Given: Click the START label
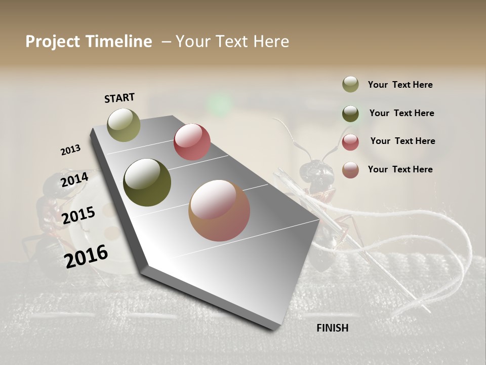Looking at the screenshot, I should [119, 98].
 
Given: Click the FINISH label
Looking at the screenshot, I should [333, 328].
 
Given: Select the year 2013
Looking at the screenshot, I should [70, 150].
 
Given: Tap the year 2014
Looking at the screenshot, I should [74, 179].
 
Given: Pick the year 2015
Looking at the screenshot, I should [78, 215].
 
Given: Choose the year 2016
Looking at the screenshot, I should [86, 256].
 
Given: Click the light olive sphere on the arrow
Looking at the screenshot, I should [124, 125].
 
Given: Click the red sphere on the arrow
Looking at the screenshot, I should [192, 142].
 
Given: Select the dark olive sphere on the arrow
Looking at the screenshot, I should [147, 182].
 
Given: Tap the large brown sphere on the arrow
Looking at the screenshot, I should [219, 210].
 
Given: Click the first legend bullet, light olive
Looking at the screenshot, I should [350, 85].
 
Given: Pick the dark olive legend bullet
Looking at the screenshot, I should [350, 113].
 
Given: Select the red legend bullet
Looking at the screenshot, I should [350, 142].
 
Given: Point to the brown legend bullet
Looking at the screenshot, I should [350, 170].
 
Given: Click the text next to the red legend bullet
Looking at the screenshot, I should [402, 141].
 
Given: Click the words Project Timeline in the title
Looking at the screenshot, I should [89, 42].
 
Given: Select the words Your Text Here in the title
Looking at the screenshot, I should [232, 42].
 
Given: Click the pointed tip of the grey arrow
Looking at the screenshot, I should [274, 328].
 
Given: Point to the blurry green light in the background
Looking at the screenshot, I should [219, 104].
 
